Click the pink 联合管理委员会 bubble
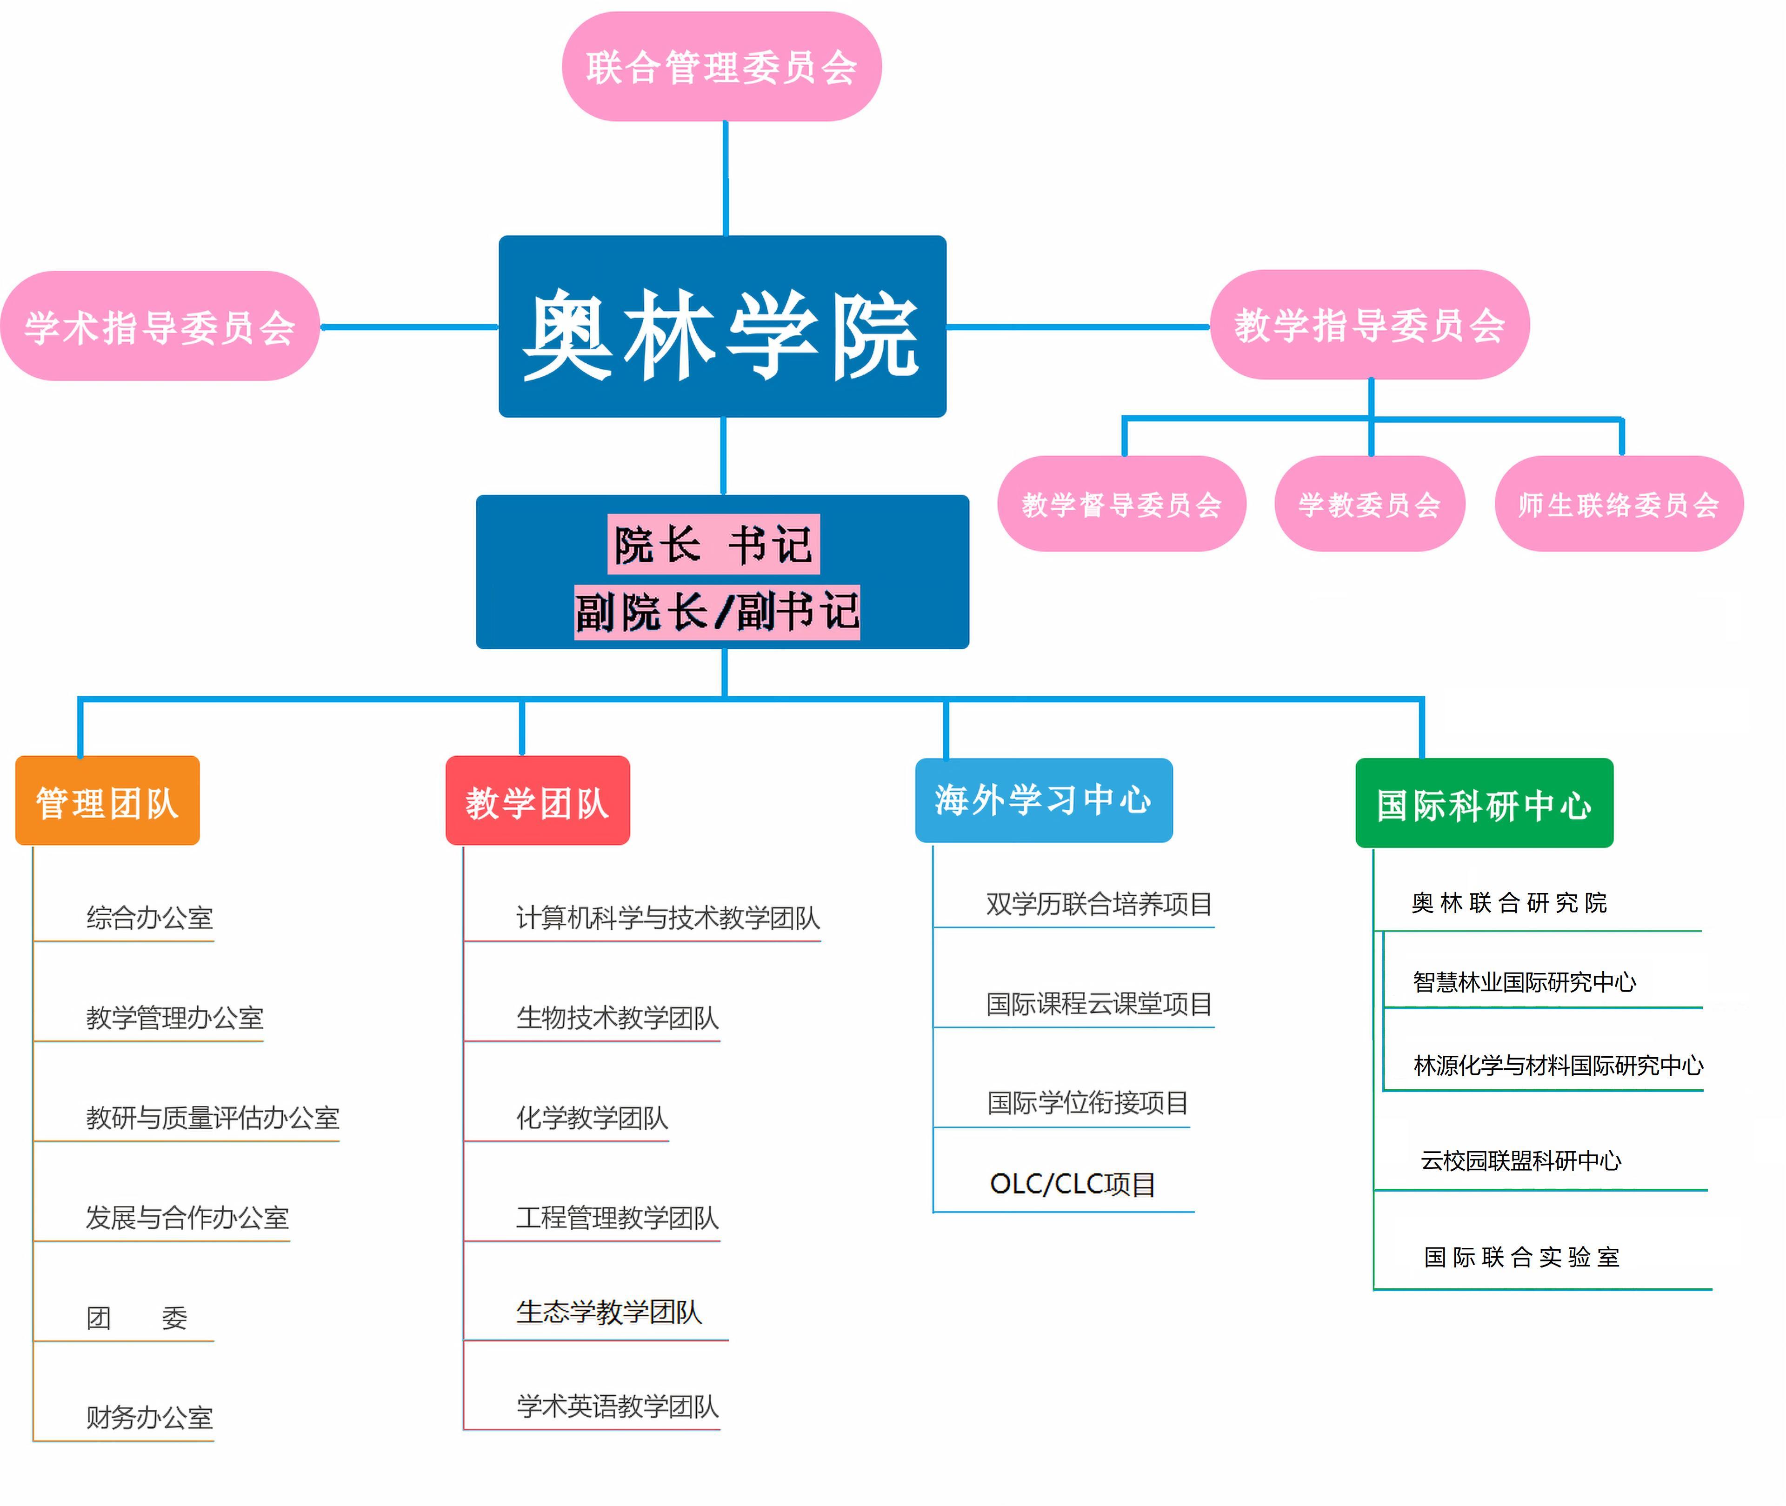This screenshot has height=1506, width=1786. (721, 67)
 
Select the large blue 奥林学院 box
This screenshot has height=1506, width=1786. (722, 326)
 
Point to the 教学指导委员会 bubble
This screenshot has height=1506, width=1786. (1369, 325)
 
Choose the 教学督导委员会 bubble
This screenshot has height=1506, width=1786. (1122, 504)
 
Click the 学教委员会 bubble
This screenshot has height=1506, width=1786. (1369, 504)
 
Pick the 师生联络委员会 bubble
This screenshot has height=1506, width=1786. (1619, 504)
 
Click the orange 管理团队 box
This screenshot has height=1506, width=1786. (107, 801)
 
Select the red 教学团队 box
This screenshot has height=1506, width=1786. (538, 801)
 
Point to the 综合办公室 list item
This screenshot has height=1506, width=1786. (149, 918)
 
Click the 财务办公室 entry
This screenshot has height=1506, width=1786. (149, 1417)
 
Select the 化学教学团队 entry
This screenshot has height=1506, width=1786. (593, 1118)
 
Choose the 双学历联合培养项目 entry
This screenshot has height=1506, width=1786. (1100, 903)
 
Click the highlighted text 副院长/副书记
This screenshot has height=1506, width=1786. (717, 611)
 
